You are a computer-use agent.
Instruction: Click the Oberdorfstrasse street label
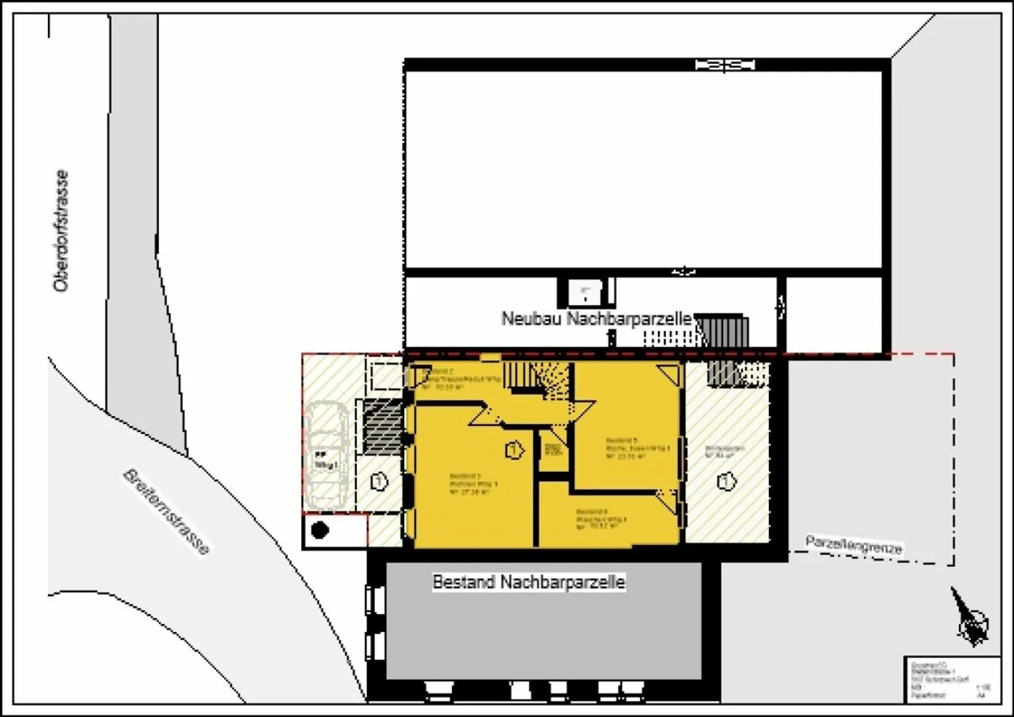click(x=62, y=231)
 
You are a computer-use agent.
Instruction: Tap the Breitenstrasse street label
click(x=167, y=512)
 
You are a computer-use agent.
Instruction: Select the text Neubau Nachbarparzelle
click(x=596, y=318)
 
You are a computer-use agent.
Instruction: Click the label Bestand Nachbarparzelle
click(x=528, y=582)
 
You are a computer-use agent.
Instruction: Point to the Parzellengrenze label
click(x=853, y=545)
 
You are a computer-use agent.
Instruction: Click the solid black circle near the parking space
click(x=320, y=530)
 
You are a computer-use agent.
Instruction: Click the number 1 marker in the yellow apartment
click(x=514, y=449)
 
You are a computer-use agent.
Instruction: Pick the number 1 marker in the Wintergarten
click(x=726, y=482)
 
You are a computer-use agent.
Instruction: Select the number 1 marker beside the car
click(x=379, y=482)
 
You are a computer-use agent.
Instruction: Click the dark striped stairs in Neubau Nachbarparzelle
click(x=722, y=331)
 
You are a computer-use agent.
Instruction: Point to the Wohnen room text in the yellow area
click(x=473, y=484)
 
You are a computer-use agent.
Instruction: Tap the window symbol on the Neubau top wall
click(x=725, y=66)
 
